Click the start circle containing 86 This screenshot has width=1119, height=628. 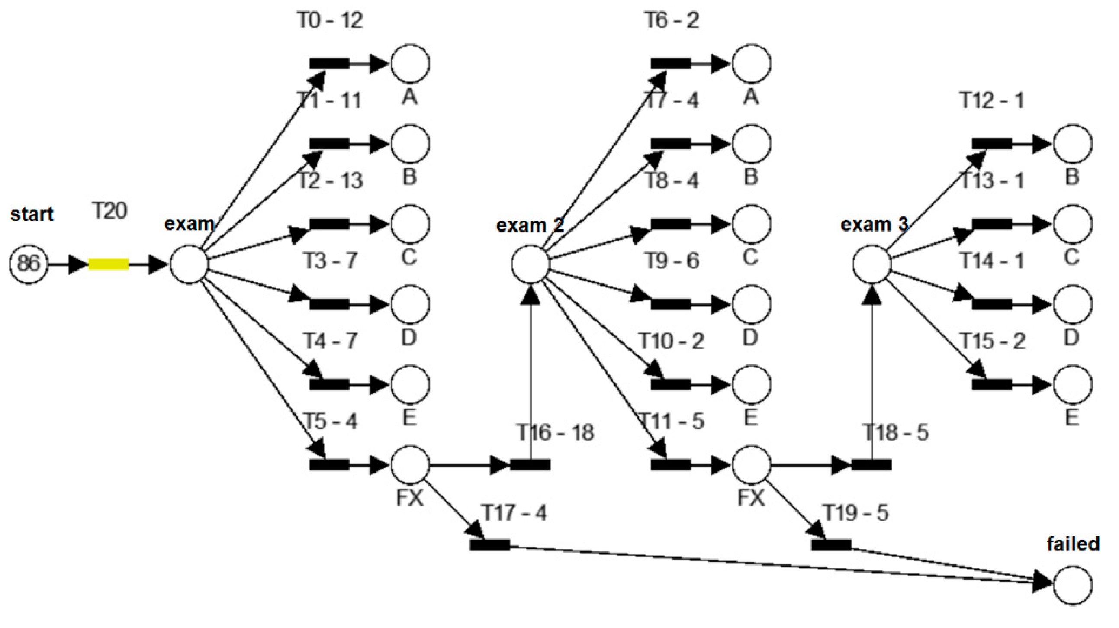[29, 264]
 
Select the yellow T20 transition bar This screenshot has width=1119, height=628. [108, 264]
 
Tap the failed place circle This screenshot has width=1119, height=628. [1073, 585]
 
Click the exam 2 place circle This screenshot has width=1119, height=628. [531, 264]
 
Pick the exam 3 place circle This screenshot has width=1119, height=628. [872, 264]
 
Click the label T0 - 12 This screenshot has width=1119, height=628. [330, 20]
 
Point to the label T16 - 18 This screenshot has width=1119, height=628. [555, 432]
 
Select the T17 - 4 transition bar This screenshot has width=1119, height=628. [489, 545]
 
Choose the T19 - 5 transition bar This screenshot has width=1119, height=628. [831, 545]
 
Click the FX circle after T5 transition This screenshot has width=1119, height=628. [410, 465]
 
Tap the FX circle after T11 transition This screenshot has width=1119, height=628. [752, 465]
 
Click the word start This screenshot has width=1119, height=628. [32, 214]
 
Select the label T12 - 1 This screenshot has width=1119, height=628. [992, 101]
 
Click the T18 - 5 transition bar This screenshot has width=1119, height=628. [871, 465]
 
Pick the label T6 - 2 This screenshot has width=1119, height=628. [672, 20]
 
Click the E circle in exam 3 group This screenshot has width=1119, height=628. [1073, 385]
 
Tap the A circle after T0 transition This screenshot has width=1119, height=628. [410, 64]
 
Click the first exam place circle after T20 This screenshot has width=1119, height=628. [189, 264]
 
